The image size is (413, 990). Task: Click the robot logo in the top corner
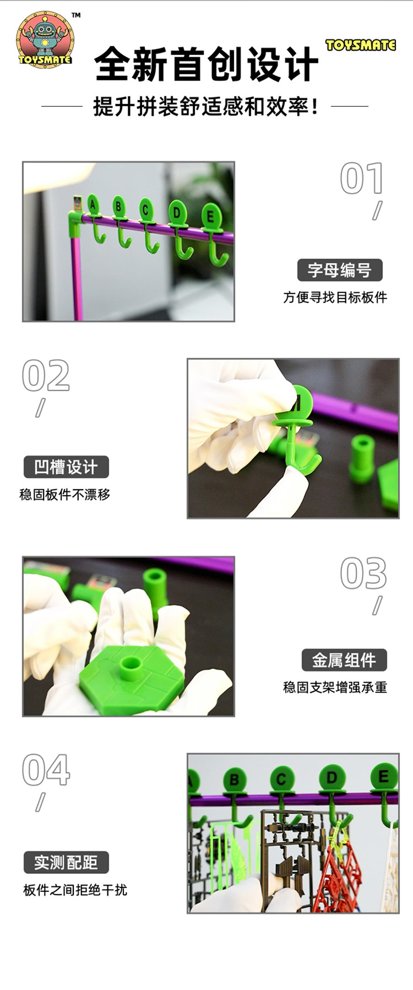click(45, 40)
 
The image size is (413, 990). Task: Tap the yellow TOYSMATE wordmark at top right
click(361, 45)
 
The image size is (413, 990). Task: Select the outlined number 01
click(361, 178)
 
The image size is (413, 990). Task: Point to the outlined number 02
click(46, 376)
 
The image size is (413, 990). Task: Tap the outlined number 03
click(363, 573)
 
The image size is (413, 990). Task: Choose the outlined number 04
click(46, 770)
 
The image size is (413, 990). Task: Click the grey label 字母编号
click(340, 270)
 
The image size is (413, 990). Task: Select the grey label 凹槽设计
click(66, 467)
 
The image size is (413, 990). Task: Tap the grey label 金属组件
click(344, 660)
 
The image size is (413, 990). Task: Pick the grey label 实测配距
click(66, 862)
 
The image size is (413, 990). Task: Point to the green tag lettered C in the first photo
click(146, 210)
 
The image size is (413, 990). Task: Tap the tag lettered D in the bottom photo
click(332, 779)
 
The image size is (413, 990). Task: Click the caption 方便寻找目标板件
click(335, 297)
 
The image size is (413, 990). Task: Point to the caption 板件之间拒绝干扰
click(75, 890)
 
